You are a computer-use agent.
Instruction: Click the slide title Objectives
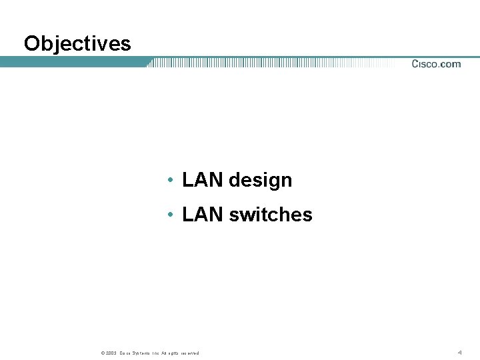click(x=77, y=44)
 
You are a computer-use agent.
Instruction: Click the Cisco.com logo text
click(x=436, y=64)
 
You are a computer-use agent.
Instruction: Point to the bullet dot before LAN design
click(x=171, y=181)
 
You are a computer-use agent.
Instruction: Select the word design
click(x=260, y=181)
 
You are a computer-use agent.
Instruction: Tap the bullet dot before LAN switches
click(x=171, y=215)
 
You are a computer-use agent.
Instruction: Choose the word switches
click(x=270, y=215)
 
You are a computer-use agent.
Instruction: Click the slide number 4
click(x=459, y=351)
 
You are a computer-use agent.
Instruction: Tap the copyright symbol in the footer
click(x=102, y=353)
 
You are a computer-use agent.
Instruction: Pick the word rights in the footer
click(x=175, y=353)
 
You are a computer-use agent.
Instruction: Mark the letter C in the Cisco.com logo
click(x=415, y=64)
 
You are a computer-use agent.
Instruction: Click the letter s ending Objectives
click(x=126, y=44)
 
